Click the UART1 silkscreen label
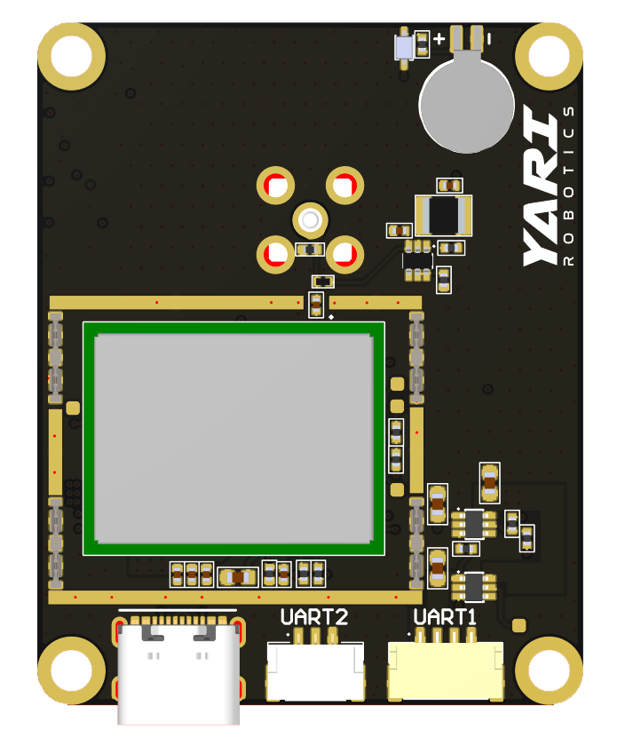(x=445, y=616)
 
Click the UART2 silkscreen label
(x=313, y=616)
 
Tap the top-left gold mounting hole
(x=72, y=57)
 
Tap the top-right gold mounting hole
(x=549, y=57)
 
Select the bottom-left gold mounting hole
(x=72, y=670)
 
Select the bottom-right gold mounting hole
(x=549, y=670)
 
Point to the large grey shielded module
(x=233, y=439)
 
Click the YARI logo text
(x=542, y=187)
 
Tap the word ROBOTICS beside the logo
(x=570, y=186)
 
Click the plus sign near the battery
(x=439, y=39)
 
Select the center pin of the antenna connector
(x=310, y=219)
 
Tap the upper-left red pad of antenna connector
(x=275, y=186)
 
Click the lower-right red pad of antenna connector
(x=344, y=255)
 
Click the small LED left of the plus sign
(x=404, y=45)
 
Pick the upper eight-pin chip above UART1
(x=474, y=523)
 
